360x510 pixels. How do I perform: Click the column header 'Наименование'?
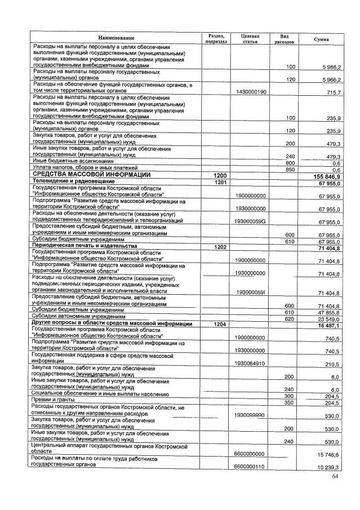tap(117, 37)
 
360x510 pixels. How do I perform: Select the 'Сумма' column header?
tap(322, 39)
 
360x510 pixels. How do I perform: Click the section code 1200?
tap(219, 176)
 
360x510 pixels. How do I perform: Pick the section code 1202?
tap(219, 247)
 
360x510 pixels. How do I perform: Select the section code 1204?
tap(219, 324)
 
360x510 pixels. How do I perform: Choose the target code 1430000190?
tap(251, 92)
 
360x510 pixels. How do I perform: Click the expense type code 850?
tap(290, 169)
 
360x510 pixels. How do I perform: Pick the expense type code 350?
tap(290, 402)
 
